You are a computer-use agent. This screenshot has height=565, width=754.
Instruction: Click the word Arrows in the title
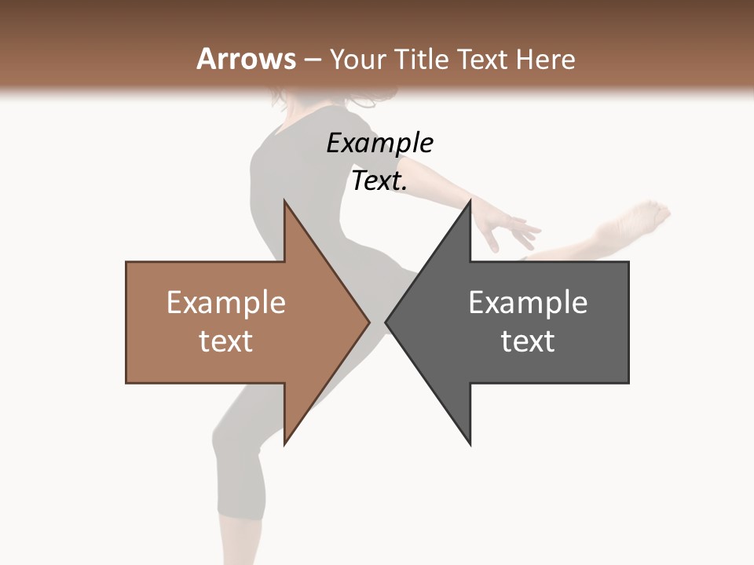click(247, 59)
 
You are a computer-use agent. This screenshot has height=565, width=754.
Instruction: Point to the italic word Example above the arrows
click(379, 144)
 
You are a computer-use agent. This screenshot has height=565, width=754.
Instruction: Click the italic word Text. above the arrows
click(379, 181)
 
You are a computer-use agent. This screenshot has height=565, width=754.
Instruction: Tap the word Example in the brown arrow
click(226, 303)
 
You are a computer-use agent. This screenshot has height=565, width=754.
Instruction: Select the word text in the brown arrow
click(226, 341)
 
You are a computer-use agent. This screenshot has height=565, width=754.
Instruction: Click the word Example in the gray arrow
click(528, 303)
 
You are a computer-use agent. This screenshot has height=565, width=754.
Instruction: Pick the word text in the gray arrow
click(528, 341)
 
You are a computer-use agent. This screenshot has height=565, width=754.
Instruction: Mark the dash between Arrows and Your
click(312, 60)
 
